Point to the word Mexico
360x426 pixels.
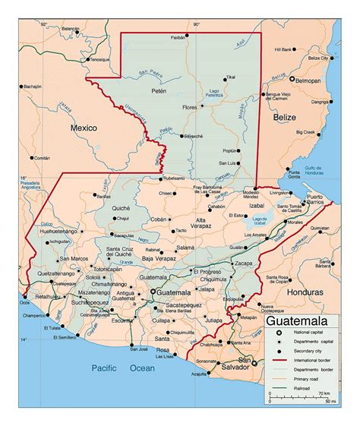(84, 129)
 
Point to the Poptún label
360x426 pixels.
(231, 151)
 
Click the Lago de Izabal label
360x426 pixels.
(261, 219)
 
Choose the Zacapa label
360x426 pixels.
(244, 263)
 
